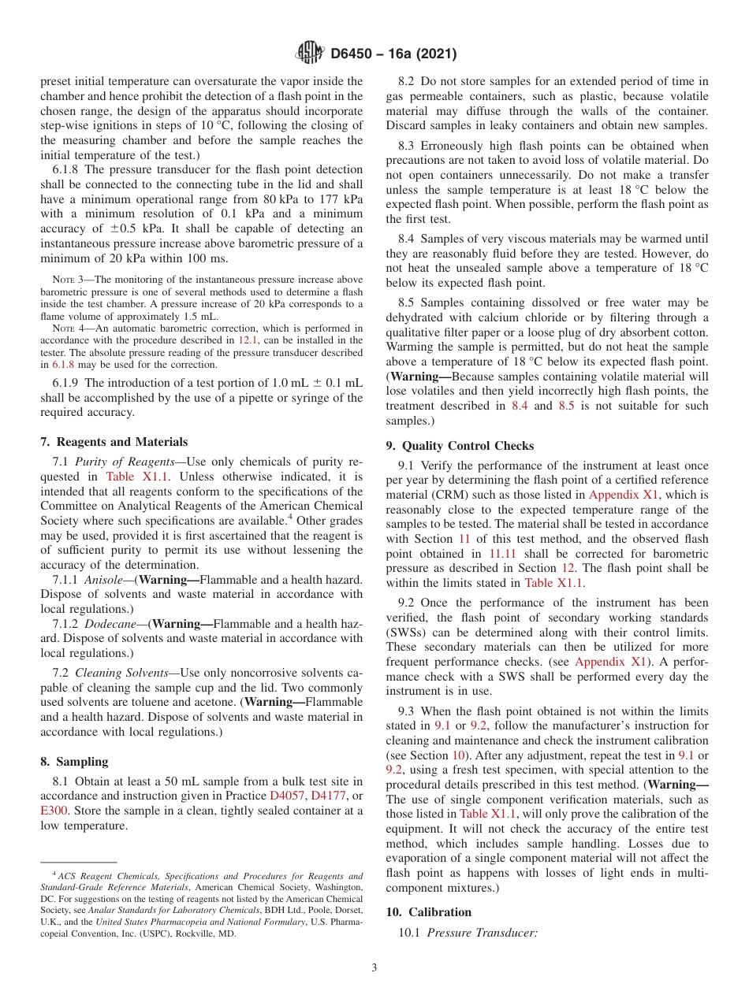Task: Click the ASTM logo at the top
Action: [x=309, y=53]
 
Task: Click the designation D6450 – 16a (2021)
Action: [x=393, y=54]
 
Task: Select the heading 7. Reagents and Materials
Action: [x=114, y=441]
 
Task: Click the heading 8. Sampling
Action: [x=74, y=762]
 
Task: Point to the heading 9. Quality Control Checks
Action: [x=460, y=445]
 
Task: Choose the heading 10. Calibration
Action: [x=429, y=911]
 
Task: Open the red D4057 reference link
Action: [x=286, y=796]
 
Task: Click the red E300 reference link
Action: [x=54, y=811]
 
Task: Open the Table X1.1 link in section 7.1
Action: [x=133, y=477]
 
